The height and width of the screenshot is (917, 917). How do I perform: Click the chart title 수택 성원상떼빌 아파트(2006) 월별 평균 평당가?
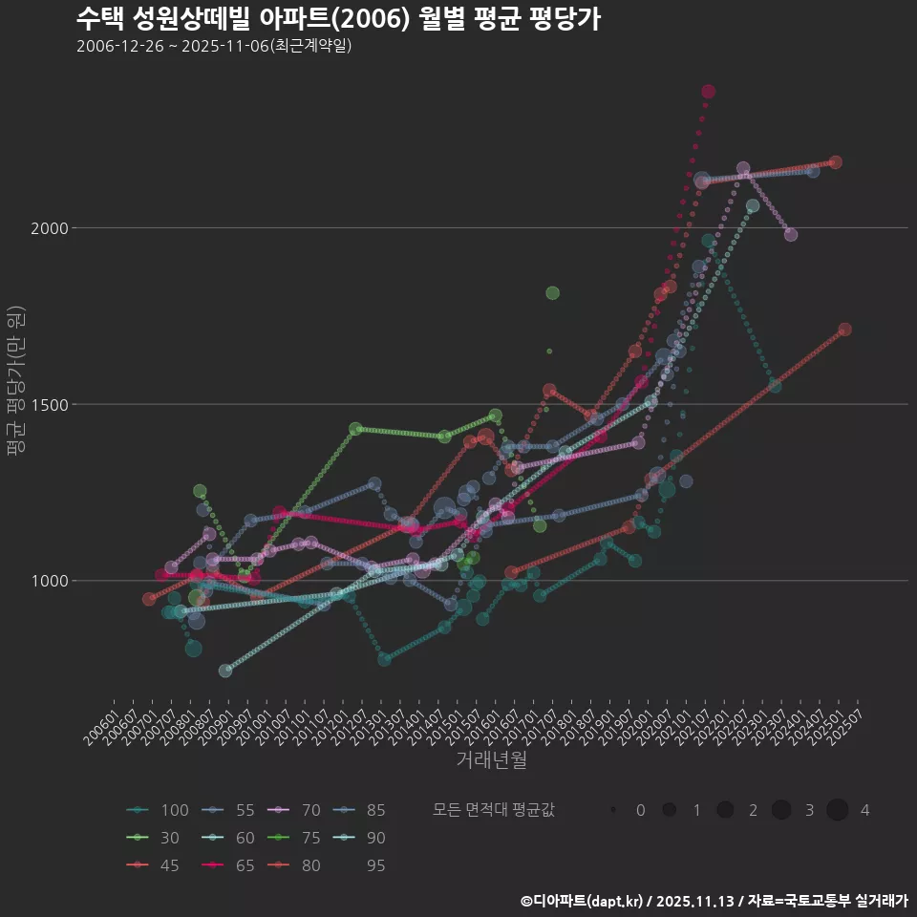click(x=338, y=18)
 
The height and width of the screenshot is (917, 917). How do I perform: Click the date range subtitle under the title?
click(x=214, y=46)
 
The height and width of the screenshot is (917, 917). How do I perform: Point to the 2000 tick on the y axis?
click(x=49, y=228)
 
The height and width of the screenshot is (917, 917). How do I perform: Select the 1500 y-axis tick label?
click(x=49, y=405)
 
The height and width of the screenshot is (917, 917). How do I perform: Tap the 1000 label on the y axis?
click(x=49, y=581)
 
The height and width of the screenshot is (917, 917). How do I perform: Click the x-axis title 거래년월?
click(x=492, y=760)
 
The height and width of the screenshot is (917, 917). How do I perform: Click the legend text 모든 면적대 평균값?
click(x=493, y=811)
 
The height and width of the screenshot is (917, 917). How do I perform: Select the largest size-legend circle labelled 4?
click(x=838, y=811)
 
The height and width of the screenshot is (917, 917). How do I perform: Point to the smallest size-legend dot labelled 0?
click(x=612, y=811)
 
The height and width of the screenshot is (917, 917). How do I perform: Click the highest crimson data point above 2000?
click(x=709, y=92)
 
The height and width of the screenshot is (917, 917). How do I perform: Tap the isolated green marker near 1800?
click(x=552, y=293)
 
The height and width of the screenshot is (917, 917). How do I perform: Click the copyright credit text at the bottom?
click(x=714, y=901)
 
